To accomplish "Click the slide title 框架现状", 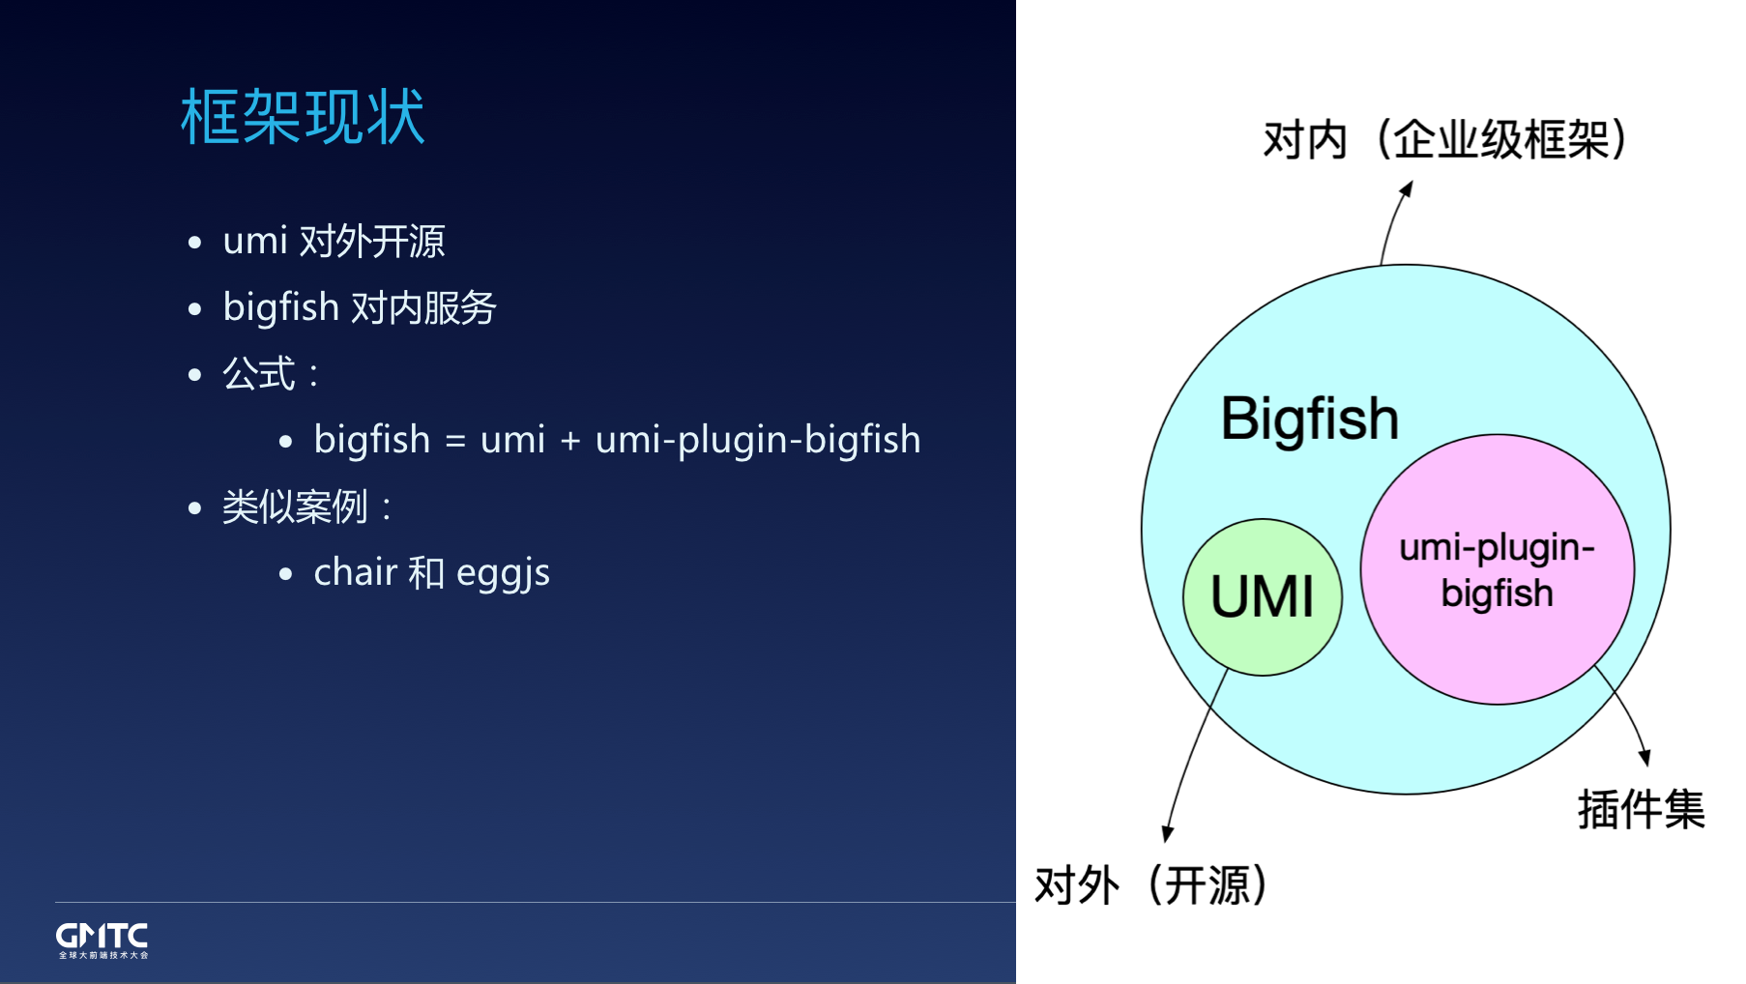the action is click(x=303, y=117).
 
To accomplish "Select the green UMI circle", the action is click(x=1263, y=596).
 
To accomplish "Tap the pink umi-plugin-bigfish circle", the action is click(x=1498, y=569).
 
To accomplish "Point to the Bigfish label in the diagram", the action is click(x=1310, y=419).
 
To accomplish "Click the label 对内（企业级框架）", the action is click(x=1445, y=139).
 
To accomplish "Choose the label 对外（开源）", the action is click(x=1150, y=884).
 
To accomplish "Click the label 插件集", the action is click(x=1641, y=809).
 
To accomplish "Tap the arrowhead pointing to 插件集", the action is click(x=1644, y=758).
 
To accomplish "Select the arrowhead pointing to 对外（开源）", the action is click(x=1168, y=833).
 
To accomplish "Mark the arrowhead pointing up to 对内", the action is click(x=1407, y=188).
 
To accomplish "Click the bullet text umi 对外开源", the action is click(x=334, y=241).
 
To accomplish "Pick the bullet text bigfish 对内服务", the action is click(x=360, y=307).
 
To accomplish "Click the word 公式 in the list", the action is click(x=259, y=373).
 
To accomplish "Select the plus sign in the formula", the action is click(x=570, y=441).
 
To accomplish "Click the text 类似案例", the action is click(x=295, y=506).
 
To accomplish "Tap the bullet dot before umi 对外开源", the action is click(x=195, y=243).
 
